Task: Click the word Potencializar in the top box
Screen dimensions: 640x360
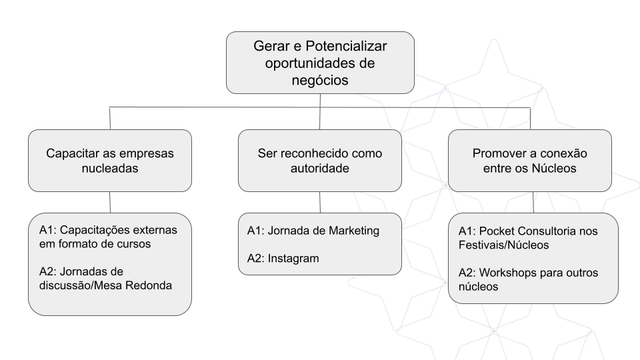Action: (346, 46)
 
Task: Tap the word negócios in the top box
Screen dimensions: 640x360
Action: (320, 81)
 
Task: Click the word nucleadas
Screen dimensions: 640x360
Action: (110, 168)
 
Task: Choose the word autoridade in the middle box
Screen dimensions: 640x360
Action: (320, 168)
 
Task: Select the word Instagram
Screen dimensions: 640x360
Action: (293, 259)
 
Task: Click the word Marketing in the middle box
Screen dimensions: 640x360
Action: (354, 231)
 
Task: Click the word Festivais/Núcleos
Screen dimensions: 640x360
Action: (504, 245)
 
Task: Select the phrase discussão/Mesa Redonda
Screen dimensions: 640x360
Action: (105, 285)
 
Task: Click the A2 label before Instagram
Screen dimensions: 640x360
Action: (254, 259)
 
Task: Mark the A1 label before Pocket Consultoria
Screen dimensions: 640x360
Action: (465, 231)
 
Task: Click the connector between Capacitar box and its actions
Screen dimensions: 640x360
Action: (110, 203)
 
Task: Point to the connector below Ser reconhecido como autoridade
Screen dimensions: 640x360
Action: (320, 203)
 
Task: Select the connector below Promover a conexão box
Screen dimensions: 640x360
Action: (533, 203)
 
